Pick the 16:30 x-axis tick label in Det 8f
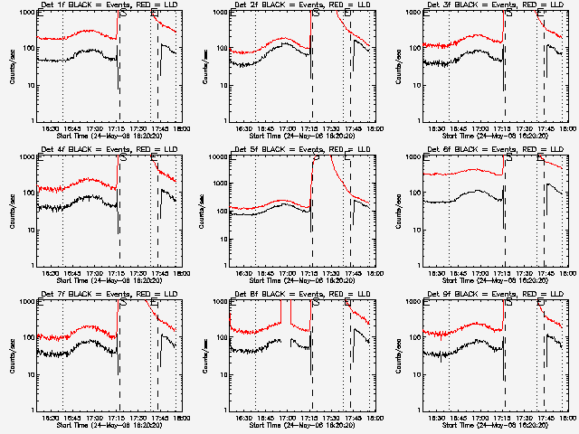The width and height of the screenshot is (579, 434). (242, 418)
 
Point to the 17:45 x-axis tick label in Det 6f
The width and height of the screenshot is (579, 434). (540, 273)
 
